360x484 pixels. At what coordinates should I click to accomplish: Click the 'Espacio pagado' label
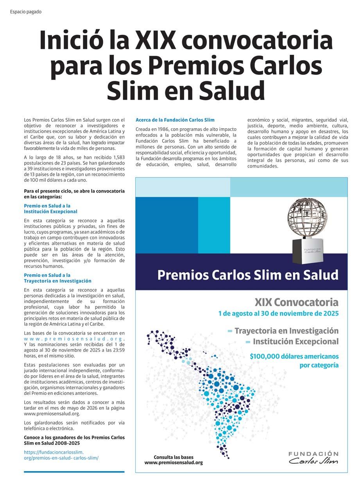pyautogui.click(x=26, y=12)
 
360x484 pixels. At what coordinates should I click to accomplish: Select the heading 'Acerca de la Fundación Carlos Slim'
pyautogui.click(x=175, y=120)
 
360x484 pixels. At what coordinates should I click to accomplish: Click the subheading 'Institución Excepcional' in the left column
pyautogui.click(x=50, y=212)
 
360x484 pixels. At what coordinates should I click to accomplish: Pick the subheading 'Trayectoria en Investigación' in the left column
pyautogui.click(x=57, y=281)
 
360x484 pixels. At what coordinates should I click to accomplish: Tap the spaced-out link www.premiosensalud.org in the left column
pyautogui.click(x=73, y=339)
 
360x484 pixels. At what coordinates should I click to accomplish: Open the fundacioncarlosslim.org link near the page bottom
pyautogui.click(x=61, y=455)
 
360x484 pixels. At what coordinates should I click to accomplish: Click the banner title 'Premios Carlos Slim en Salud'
pyautogui.click(x=248, y=275)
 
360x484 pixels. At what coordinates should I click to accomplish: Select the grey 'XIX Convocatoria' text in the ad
pyautogui.click(x=296, y=302)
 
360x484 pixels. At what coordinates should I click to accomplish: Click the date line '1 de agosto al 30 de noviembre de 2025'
pyautogui.click(x=278, y=314)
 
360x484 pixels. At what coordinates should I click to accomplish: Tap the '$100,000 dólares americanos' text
pyautogui.click(x=294, y=357)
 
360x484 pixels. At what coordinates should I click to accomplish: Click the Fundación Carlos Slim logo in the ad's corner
pyautogui.click(x=313, y=458)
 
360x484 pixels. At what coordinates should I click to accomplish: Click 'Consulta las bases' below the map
pyautogui.click(x=174, y=457)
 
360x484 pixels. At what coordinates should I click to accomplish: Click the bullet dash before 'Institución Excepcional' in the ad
pyautogui.click(x=248, y=342)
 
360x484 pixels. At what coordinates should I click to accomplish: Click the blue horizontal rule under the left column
pyautogui.click(x=74, y=471)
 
